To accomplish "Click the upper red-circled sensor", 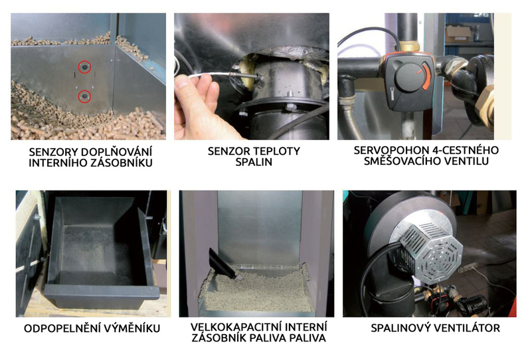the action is click(84, 67).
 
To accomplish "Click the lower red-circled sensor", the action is click(84, 97).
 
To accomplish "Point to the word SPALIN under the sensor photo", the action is click(254, 162).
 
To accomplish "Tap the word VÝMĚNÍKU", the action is click(132, 329).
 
